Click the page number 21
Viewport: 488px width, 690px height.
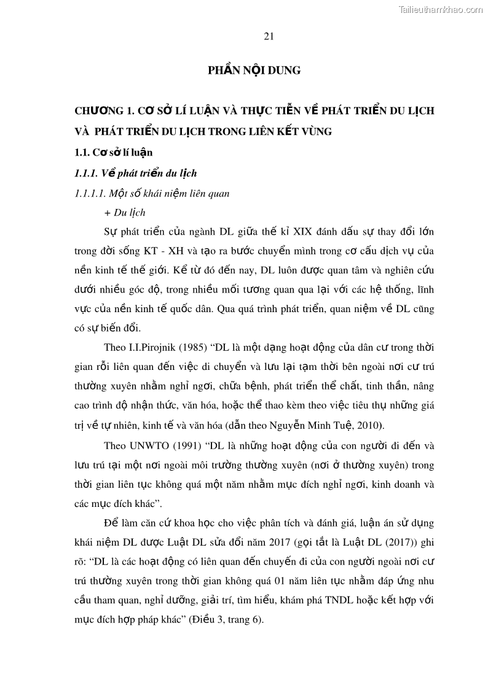269,36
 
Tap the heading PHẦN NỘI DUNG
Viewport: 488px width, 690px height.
254,71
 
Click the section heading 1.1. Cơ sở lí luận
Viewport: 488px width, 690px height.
113,152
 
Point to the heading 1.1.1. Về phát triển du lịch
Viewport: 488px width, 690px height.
135,173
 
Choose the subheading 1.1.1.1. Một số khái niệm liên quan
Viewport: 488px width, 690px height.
152,193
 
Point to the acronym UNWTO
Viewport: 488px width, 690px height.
152,445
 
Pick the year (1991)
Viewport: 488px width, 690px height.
193,445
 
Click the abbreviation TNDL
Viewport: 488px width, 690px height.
334,600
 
